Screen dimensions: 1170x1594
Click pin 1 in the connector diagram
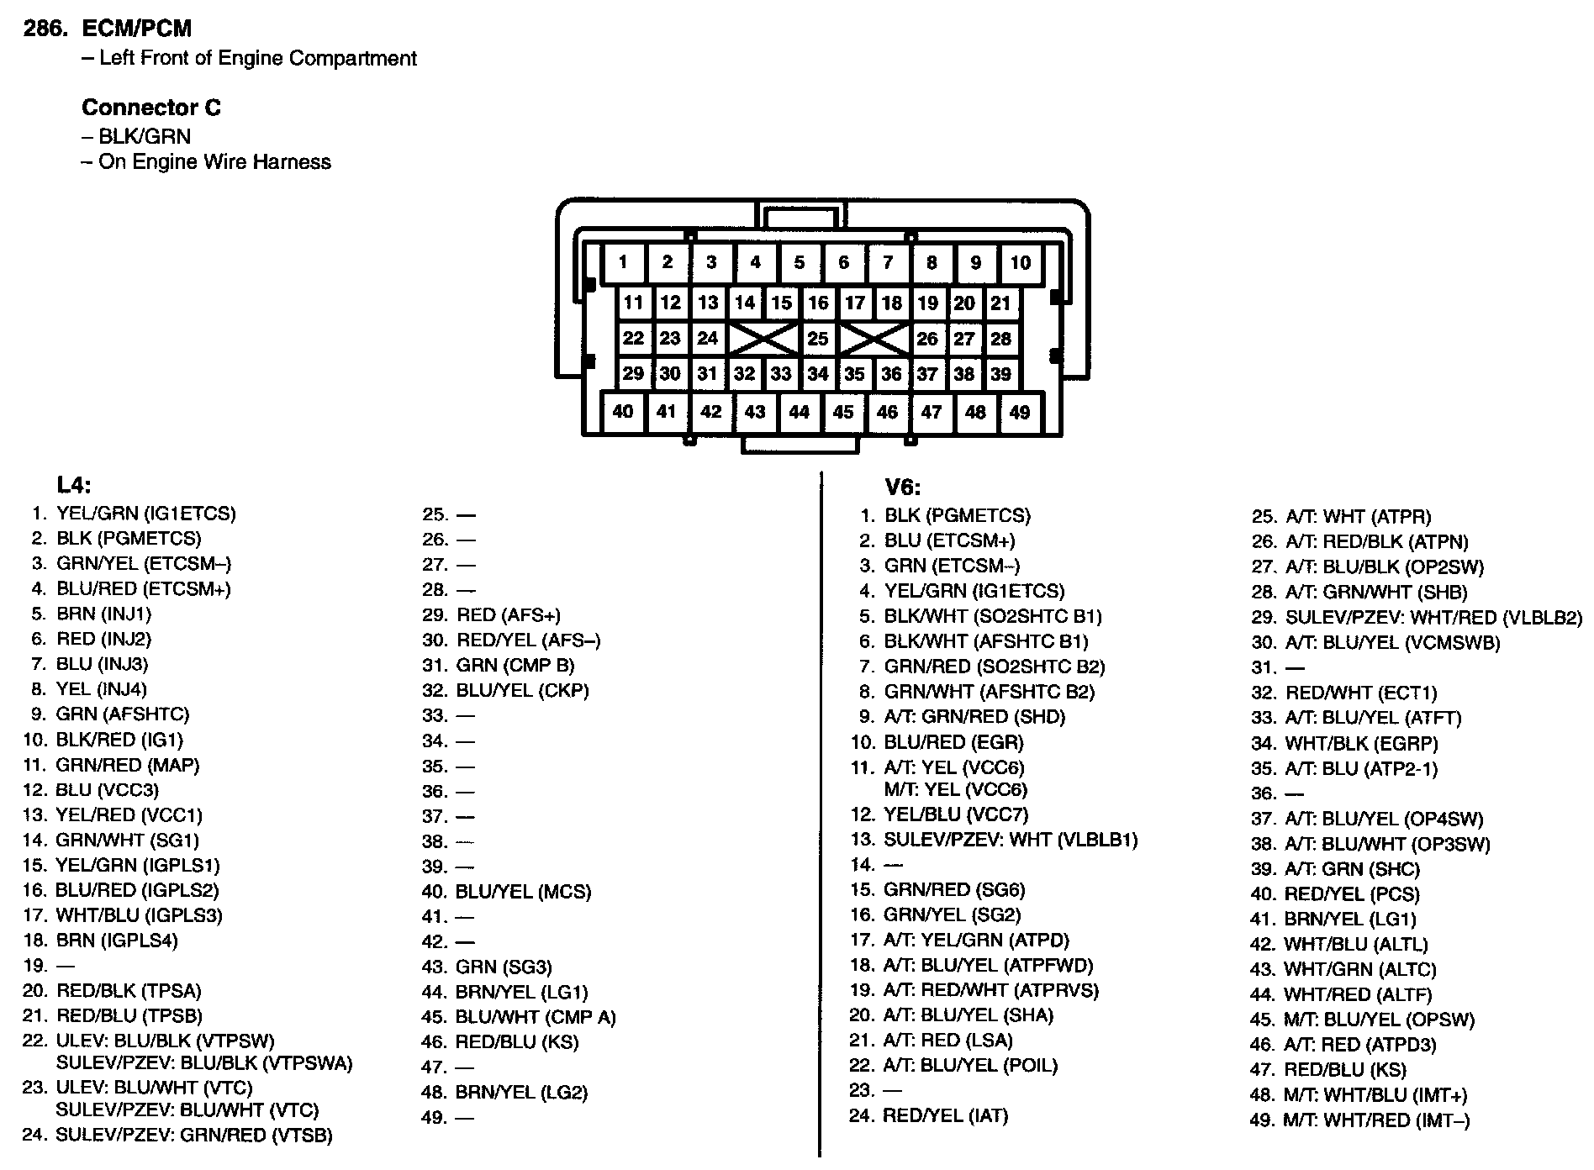point(623,262)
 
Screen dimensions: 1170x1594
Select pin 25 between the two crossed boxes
point(817,339)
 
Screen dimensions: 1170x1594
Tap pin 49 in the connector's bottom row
point(1019,412)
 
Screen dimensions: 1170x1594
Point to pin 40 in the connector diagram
point(623,411)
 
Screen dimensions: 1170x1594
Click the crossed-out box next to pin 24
point(763,339)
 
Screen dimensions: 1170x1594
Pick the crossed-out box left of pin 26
point(874,339)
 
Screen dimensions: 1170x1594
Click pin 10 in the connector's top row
point(1020,262)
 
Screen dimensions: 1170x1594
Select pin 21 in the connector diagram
point(1000,303)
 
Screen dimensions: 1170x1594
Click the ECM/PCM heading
point(136,29)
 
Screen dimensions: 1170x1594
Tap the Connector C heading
point(151,108)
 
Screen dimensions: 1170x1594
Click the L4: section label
point(74,485)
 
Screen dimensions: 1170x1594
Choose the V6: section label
point(902,487)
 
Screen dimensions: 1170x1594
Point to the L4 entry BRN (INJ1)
point(103,614)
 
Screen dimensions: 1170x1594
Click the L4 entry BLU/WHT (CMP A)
point(536,1018)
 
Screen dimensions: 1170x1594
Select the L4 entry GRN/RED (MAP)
point(127,766)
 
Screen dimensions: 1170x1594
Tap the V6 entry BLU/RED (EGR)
point(953,743)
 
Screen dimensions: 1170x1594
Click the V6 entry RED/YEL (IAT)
point(945,1116)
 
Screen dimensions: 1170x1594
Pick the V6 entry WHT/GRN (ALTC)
point(1359,970)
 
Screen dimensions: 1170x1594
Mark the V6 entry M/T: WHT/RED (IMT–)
point(1376,1120)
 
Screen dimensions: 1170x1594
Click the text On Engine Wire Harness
point(214,162)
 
